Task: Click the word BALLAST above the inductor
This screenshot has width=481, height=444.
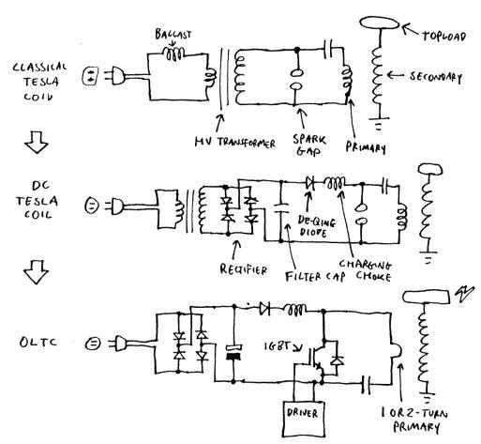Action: pyautogui.click(x=173, y=34)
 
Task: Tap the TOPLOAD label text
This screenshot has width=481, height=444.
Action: pyautogui.click(x=443, y=37)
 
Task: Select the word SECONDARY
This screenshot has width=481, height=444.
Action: pyautogui.click(x=436, y=77)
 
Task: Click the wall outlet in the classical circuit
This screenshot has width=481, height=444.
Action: pyautogui.click(x=91, y=76)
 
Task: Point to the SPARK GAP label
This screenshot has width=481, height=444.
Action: pyautogui.click(x=309, y=145)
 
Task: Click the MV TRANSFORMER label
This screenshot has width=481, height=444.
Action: pyautogui.click(x=235, y=143)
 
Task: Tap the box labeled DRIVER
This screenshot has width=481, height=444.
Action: pyautogui.click(x=303, y=419)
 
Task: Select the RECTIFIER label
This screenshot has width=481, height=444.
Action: pyautogui.click(x=244, y=269)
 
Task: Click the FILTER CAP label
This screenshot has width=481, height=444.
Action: pyautogui.click(x=315, y=276)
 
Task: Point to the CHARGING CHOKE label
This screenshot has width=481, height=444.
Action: pyautogui.click(x=366, y=270)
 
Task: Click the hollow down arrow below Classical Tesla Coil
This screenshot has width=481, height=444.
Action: pyautogui.click(x=37, y=142)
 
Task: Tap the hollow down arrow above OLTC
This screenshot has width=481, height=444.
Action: pyautogui.click(x=37, y=272)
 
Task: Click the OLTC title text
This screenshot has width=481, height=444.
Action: pyautogui.click(x=38, y=342)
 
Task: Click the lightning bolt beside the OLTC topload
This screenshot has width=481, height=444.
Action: pyautogui.click(x=465, y=293)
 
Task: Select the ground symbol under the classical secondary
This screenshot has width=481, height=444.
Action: pyautogui.click(x=379, y=123)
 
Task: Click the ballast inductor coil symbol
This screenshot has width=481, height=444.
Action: pyautogui.click(x=174, y=54)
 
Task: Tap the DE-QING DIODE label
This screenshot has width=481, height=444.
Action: pyautogui.click(x=316, y=226)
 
